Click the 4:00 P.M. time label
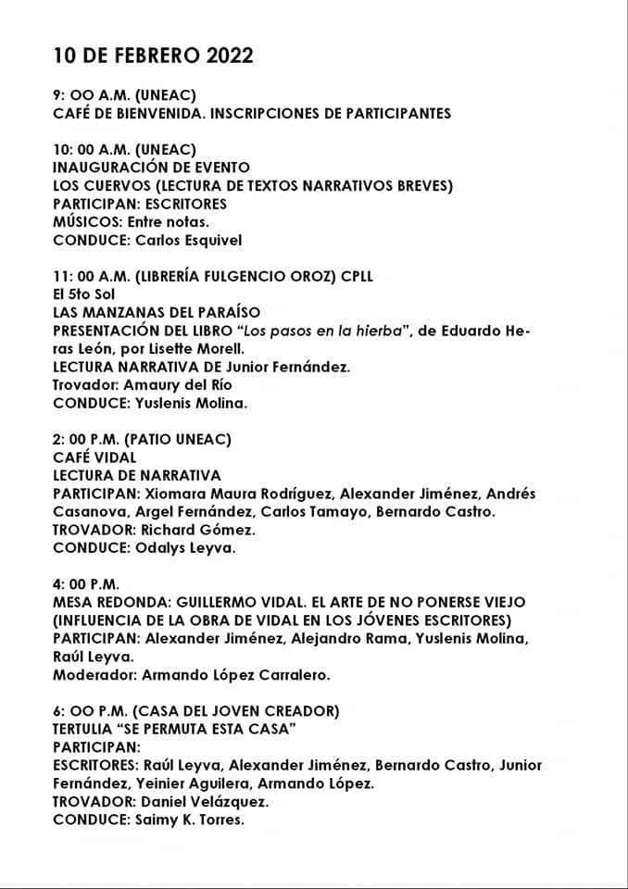[86, 584]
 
